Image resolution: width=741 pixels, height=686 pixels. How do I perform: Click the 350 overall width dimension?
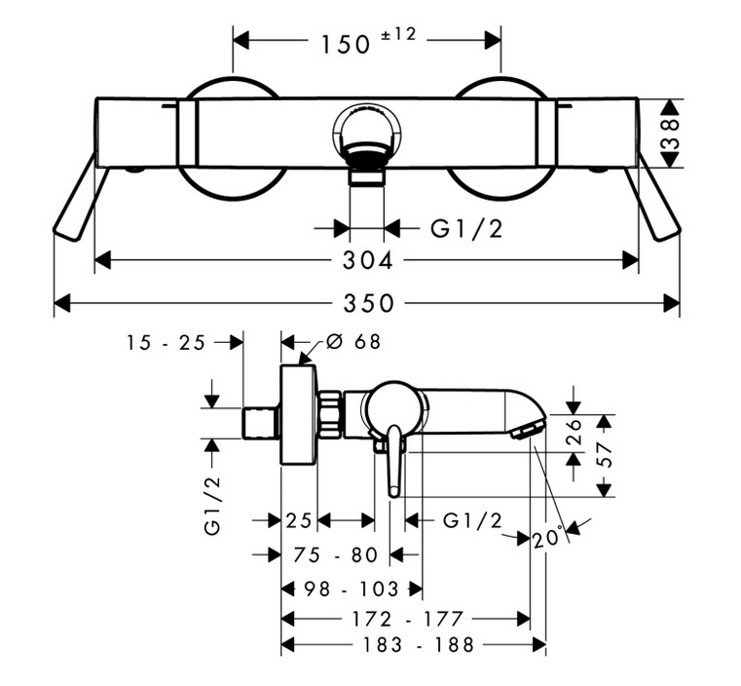coord(368,303)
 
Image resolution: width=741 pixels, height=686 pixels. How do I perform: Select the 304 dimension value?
coord(368,260)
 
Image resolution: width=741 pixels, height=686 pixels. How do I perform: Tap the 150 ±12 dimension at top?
coord(368,41)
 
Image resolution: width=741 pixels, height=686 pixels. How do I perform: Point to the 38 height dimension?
coord(670,133)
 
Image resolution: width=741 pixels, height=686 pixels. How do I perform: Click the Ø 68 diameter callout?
coord(353,341)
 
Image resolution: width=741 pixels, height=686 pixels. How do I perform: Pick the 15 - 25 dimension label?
coord(166,342)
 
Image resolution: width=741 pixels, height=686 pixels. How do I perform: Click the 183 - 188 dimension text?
coord(418,645)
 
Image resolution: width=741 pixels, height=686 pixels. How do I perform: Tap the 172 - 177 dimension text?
coord(407,619)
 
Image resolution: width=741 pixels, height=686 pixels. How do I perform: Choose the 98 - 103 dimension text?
coord(352,590)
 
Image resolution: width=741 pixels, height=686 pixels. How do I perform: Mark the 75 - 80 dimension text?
coord(336,554)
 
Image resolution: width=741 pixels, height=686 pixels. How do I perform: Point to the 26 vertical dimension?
coord(574,431)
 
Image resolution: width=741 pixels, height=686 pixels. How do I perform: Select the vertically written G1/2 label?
coord(213,505)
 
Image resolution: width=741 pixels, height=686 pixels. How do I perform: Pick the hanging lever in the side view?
coord(394,461)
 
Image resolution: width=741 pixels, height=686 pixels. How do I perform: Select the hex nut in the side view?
coord(330,414)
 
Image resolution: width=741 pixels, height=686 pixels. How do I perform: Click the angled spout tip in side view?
coord(527,430)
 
